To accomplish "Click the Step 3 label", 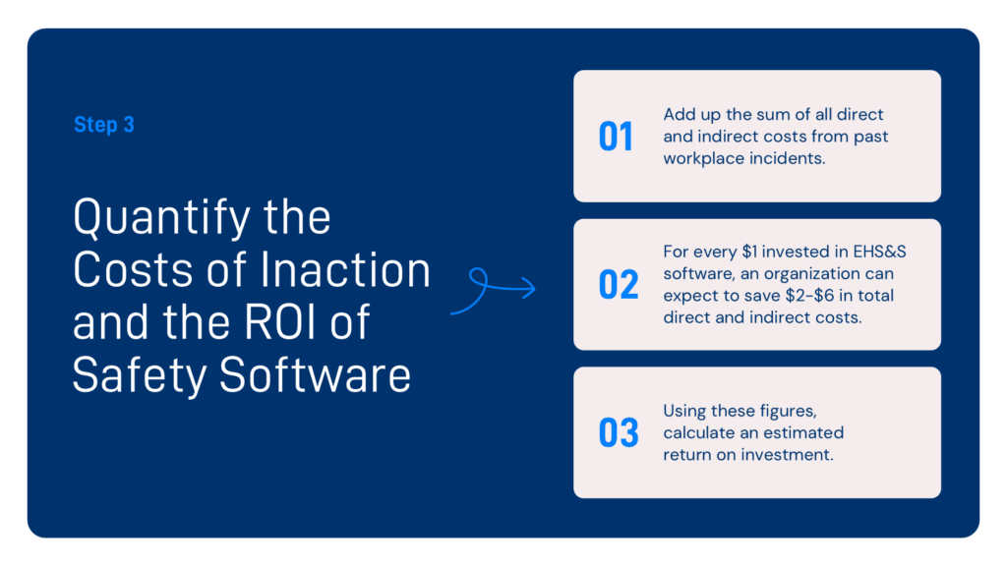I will coord(103,126).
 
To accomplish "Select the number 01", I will coord(617,138).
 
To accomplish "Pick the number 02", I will coord(619,285).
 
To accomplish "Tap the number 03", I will coord(619,433).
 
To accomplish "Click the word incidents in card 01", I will coord(789,157).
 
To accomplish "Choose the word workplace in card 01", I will coord(704,157).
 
